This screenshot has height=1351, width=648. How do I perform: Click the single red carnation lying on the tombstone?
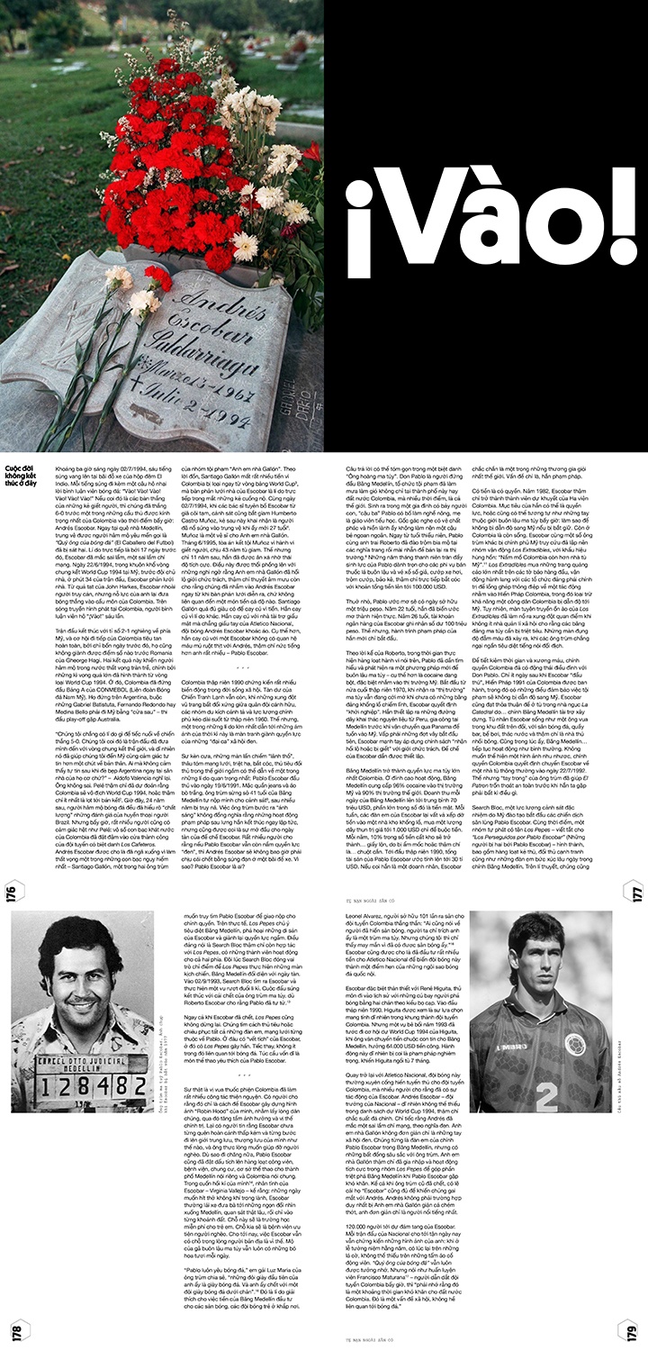tap(157, 278)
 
